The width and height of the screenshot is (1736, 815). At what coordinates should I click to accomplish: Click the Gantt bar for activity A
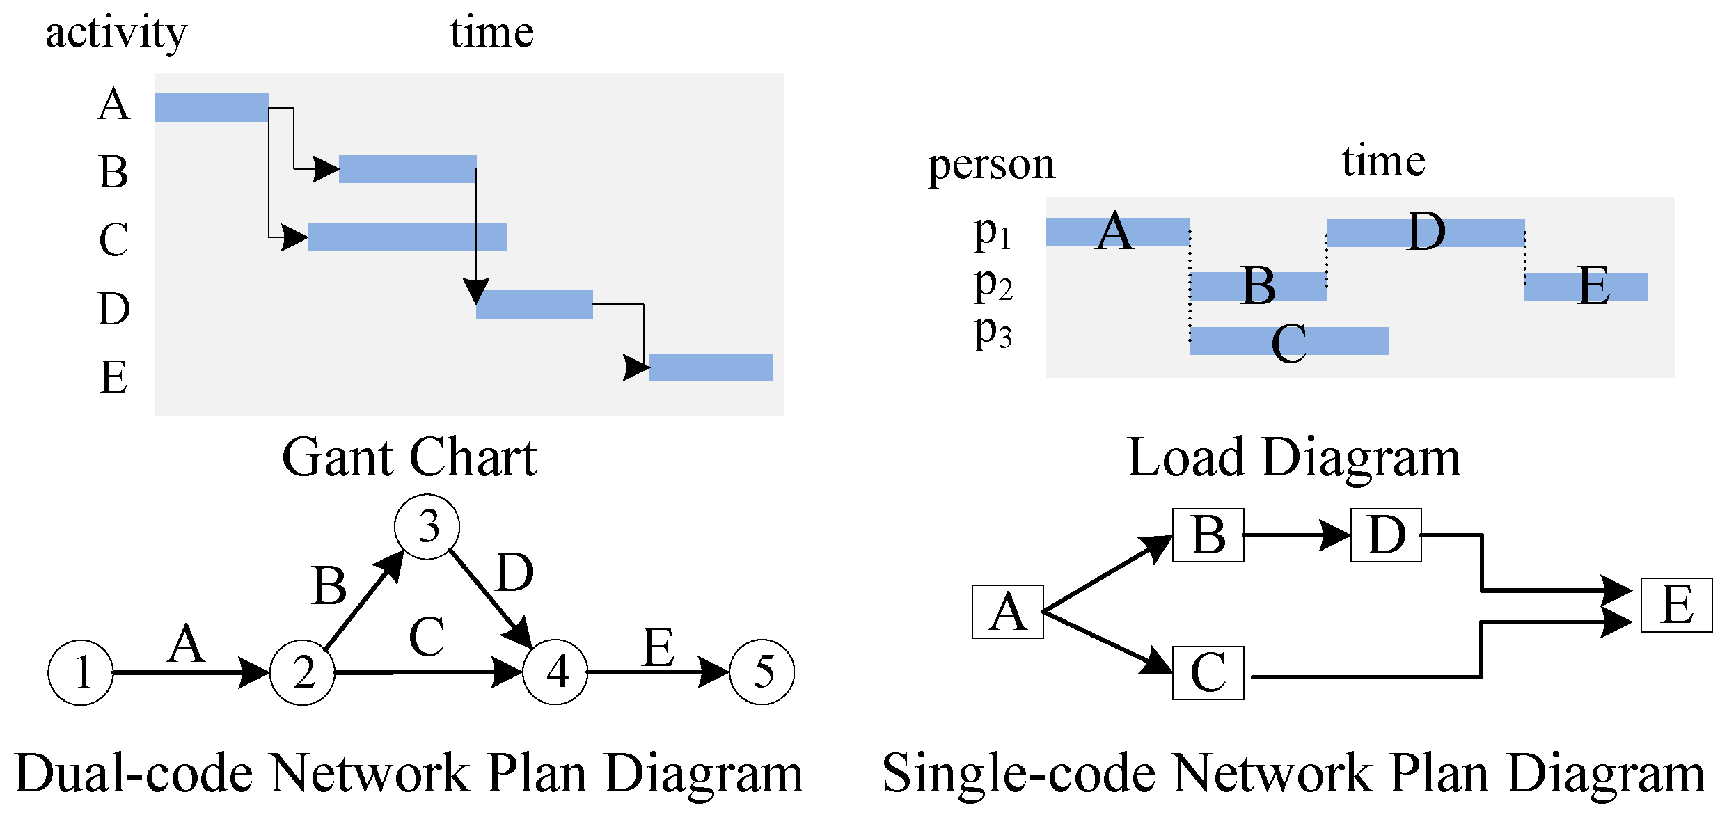coord(211,107)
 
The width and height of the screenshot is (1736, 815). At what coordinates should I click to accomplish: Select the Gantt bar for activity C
coord(407,237)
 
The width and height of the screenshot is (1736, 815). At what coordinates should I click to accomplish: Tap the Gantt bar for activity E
coord(711,367)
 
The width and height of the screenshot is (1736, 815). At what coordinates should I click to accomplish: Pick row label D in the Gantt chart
coord(113,308)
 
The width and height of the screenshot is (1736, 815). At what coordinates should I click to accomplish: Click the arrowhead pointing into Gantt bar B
coord(326,168)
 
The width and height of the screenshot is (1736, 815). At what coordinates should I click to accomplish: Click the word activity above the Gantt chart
coord(116,33)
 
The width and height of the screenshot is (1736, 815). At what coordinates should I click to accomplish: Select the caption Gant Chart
coord(409,458)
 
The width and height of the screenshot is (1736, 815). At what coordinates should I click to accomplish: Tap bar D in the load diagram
coord(1425,232)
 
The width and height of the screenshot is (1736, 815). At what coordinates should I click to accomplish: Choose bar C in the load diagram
coord(1288,341)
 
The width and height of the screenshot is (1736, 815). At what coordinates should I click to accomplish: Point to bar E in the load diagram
coord(1586,287)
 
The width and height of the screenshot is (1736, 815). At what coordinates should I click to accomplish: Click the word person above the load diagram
coord(991,166)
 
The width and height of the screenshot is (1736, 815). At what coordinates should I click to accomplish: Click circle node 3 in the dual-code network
coord(427,527)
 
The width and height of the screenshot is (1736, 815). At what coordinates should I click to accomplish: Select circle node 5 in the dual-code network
coord(762,672)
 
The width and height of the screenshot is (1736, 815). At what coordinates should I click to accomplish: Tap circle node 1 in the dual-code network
coord(81,672)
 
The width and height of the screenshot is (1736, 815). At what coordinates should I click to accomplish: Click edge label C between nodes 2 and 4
coord(426,637)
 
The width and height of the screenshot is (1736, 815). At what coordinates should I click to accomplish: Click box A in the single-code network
coord(1007,612)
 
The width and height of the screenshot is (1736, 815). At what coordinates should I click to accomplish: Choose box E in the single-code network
coord(1676,605)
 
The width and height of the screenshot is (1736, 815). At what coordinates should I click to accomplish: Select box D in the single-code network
coord(1385,535)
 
